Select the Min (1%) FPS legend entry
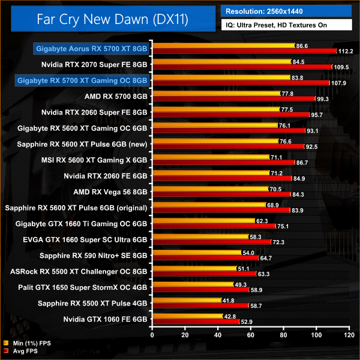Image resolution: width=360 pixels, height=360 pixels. coord(28,344)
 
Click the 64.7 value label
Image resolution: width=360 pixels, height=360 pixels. coord(266,257)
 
